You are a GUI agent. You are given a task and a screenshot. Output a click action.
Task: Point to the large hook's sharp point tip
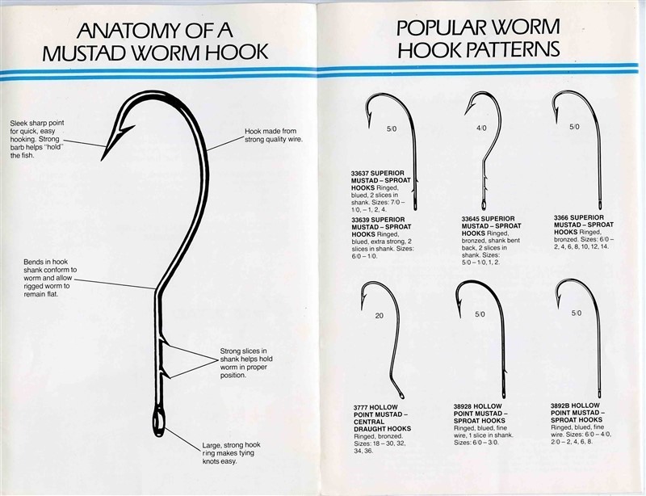point(102,160)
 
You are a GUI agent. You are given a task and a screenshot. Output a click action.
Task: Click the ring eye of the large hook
point(158,422)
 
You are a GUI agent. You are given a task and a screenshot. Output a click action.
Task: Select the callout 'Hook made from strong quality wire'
point(274,135)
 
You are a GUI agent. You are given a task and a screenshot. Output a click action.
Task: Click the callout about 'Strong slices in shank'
point(246,364)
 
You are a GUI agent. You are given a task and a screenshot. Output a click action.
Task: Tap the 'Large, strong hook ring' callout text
point(231,453)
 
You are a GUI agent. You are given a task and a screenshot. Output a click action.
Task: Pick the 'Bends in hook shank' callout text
point(50,278)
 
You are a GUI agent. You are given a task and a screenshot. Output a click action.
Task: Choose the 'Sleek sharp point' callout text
point(37,140)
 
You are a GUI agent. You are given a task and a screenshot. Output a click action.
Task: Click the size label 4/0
point(481,128)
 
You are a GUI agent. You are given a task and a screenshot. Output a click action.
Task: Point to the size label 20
point(379,315)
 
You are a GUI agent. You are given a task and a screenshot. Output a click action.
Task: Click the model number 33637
point(360,173)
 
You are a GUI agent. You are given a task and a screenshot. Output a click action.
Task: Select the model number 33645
point(471,219)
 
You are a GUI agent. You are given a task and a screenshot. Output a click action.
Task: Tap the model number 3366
point(561,217)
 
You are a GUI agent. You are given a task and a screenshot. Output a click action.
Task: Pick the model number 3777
point(361,407)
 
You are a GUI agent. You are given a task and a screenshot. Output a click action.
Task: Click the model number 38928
point(463,406)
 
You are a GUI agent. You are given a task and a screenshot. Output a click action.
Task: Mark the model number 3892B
point(560,406)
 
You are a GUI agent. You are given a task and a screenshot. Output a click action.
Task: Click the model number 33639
point(360,220)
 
